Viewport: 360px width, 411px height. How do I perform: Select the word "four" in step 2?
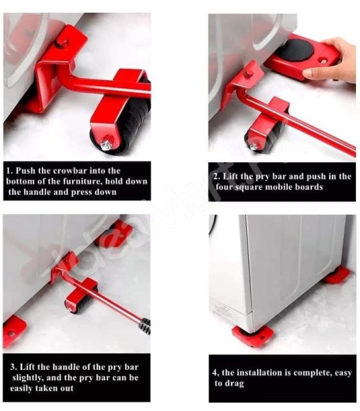228,187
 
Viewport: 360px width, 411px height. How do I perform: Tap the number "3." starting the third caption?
12,366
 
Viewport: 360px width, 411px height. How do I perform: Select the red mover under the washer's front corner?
252,335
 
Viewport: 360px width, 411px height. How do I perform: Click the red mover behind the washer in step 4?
337,275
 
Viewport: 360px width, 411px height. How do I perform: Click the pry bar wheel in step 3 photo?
76,301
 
